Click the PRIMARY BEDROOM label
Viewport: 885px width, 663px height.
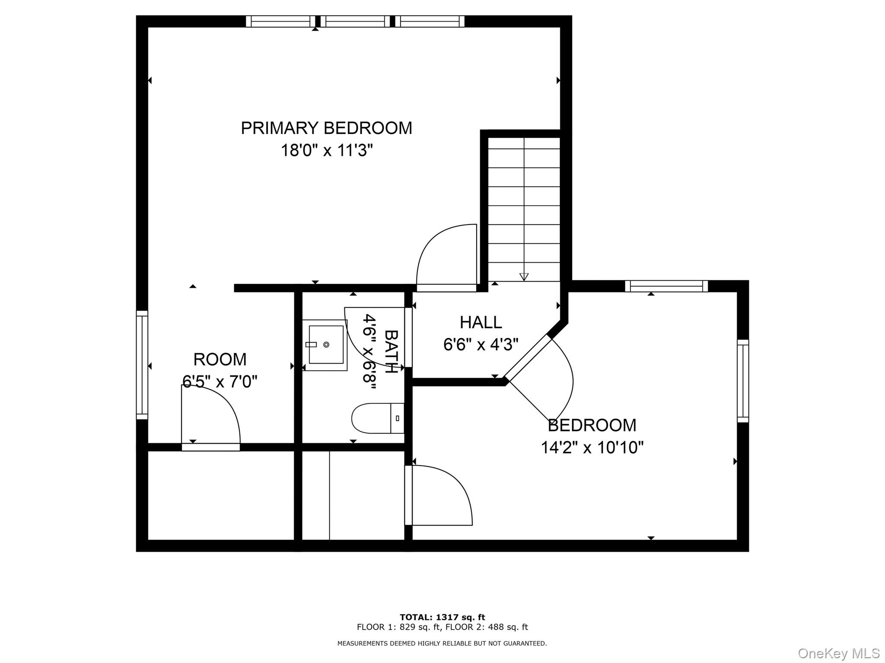point(326,128)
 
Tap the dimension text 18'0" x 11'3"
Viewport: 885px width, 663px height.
point(326,151)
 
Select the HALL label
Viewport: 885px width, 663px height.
point(481,322)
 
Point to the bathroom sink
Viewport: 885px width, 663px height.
point(325,344)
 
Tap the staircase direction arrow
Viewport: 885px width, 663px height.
point(524,276)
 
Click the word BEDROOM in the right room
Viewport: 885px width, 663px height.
point(592,425)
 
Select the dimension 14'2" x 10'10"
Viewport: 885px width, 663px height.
point(592,447)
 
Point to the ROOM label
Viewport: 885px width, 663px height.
point(220,359)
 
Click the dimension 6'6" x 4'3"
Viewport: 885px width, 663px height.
point(481,345)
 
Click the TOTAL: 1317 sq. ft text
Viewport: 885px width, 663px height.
point(442,617)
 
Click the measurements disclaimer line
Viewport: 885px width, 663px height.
point(442,643)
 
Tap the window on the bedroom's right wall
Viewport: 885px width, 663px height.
point(742,381)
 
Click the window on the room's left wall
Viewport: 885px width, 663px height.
point(142,365)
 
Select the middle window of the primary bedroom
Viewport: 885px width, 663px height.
point(355,21)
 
